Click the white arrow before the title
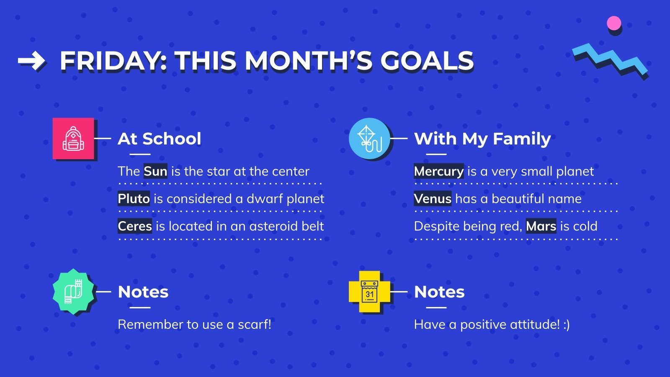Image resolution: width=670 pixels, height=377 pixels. click(31, 61)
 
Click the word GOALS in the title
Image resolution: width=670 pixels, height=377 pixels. click(427, 61)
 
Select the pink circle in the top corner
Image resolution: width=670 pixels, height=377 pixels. click(614, 23)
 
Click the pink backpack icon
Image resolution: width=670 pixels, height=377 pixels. click(73, 139)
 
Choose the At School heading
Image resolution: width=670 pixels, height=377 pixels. click(160, 139)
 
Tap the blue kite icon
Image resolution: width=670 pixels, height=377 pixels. click(369, 139)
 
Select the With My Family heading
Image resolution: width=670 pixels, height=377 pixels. click(482, 139)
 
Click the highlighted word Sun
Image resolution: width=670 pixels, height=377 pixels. click(155, 171)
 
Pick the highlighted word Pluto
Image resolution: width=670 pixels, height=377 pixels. click(134, 199)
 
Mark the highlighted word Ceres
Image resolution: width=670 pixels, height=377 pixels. click(135, 226)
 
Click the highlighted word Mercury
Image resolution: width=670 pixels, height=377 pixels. click(438, 171)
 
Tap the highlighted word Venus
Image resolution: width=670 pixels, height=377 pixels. click(433, 199)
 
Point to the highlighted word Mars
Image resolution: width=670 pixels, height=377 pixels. click(541, 226)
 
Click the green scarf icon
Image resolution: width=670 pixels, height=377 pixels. click(73, 292)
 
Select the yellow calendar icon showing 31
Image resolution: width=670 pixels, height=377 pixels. click(369, 292)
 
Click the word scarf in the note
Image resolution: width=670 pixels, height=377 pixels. click(254, 324)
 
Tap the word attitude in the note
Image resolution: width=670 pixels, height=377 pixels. click(533, 324)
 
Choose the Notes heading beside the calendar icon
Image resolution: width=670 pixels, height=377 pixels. click(439, 292)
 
